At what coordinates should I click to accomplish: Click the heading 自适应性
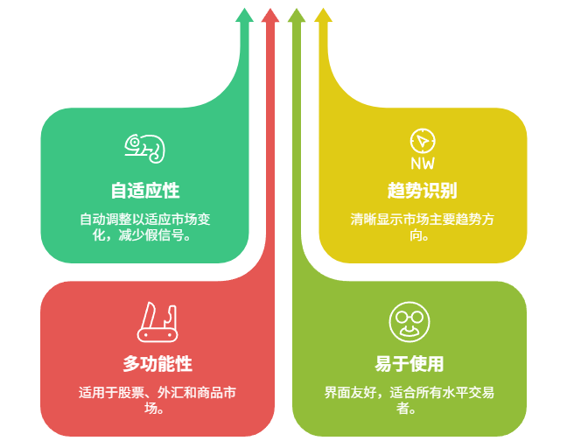coord(145,191)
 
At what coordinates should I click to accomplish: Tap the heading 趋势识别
coord(422,191)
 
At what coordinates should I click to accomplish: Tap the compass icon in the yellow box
coord(422,140)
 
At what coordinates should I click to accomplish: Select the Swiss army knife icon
coord(157,322)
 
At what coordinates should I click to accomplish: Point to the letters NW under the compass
coord(422,163)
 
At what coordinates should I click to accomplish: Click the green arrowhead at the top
coord(245,15)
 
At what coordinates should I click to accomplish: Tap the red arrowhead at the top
coord(270,15)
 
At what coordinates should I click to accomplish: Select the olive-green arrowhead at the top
coord(297,15)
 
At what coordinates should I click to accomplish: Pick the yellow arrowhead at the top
coord(323,15)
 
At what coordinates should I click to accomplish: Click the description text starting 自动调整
coord(145,227)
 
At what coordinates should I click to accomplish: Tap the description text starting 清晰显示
coord(422,227)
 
